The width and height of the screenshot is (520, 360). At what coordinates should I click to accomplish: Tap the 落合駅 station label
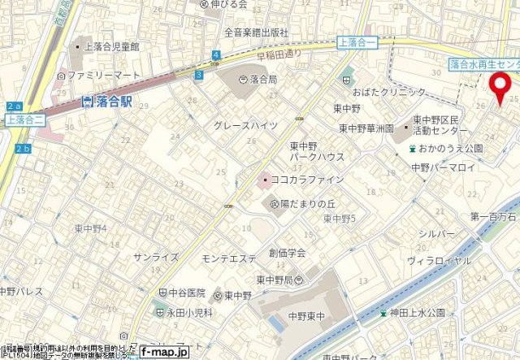click(110, 102)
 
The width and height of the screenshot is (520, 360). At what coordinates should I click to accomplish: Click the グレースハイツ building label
click(245, 126)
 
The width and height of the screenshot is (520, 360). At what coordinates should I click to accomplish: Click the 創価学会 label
click(288, 254)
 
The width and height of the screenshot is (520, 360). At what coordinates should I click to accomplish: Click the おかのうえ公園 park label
click(452, 149)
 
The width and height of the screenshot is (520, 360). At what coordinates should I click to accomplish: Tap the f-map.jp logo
click(163, 353)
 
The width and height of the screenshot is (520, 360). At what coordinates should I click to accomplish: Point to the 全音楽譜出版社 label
click(257, 33)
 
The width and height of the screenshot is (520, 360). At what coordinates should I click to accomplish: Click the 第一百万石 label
click(494, 217)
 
